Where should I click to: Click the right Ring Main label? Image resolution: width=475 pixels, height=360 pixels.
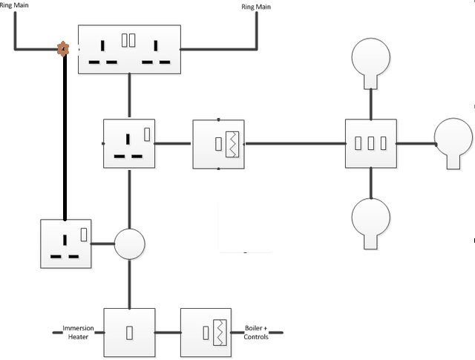point(258,7)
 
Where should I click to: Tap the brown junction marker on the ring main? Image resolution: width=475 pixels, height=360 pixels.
point(64,50)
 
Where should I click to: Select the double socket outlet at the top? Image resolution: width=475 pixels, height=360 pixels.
point(129,50)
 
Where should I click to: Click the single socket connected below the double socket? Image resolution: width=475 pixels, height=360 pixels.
point(129,143)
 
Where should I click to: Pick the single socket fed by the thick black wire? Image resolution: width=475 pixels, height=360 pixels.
point(65,243)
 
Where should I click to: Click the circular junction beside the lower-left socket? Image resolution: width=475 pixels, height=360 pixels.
point(130,243)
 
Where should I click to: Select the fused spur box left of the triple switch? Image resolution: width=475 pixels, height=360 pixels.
point(218,143)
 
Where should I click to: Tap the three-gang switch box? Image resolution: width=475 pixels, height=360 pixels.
point(370,143)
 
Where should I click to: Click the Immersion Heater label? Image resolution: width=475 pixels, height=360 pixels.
point(78,333)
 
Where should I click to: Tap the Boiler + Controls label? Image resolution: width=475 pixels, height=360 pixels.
point(256,333)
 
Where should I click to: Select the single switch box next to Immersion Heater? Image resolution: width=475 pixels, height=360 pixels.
point(129,333)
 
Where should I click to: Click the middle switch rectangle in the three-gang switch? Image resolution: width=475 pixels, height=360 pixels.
point(370,143)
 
